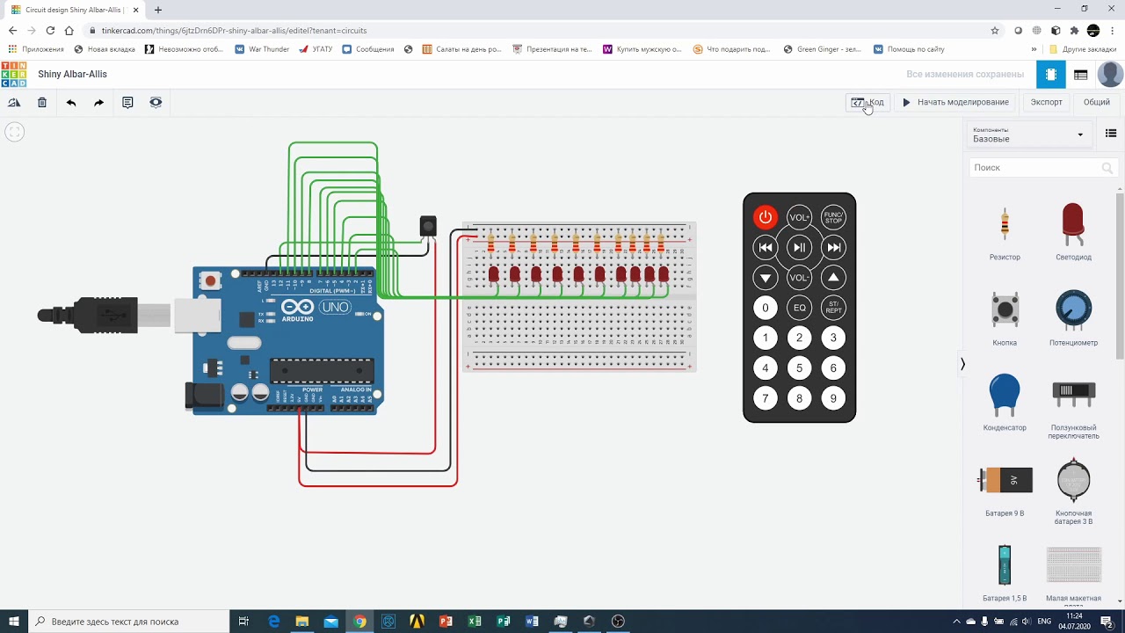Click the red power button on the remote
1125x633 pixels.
coord(765,217)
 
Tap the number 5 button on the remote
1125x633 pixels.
coord(799,368)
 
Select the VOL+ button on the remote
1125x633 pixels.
coord(799,217)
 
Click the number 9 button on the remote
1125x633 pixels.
coord(833,398)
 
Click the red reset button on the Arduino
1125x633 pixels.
coord(210,281)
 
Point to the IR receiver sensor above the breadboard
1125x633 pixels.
coord(428,226)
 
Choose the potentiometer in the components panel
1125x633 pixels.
coord(1073,310)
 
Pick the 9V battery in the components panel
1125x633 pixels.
coord(1005,480)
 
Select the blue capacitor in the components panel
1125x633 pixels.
coord(1005,395)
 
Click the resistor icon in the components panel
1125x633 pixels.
coord(1005,226)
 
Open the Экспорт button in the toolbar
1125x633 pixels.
coord(1046,102)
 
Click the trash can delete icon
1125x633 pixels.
coord(42,103)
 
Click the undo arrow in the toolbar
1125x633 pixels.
coord(71,103)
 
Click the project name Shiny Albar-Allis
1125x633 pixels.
coord(72,75)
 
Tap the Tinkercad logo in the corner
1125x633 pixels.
coord(14,75)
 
